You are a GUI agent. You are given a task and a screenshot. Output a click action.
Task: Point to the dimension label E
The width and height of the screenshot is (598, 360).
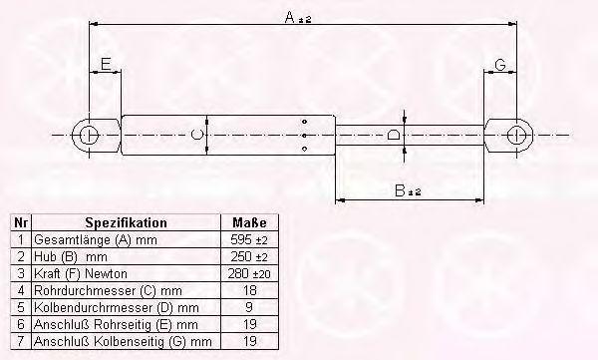click(x=106, y=64)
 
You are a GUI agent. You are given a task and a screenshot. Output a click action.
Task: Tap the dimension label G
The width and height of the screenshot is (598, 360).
click(x=500, y=65)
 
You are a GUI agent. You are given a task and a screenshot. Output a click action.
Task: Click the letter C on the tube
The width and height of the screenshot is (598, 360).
click(x=196, y=135)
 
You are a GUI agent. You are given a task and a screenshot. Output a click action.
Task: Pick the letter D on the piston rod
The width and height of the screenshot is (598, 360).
click(x=394, y=135)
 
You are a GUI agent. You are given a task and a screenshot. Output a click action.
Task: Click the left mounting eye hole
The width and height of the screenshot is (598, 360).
click(x=89, y=136)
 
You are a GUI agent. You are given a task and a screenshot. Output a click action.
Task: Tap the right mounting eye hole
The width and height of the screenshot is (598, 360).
click(x=516, y=136)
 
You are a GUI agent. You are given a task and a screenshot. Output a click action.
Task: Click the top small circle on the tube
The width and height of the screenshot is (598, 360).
click(x=304, y=122)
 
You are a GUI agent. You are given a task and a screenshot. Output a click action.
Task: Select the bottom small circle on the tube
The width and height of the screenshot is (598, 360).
click(x=304, y=149)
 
